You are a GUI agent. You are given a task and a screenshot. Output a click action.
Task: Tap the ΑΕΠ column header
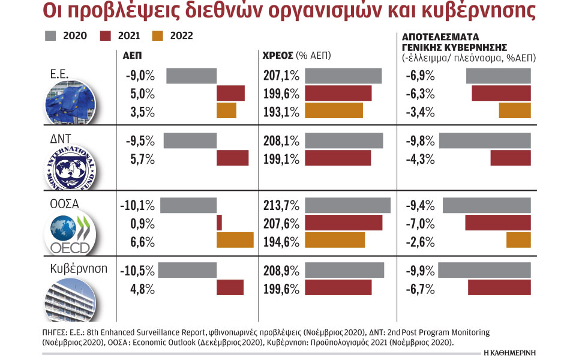134,55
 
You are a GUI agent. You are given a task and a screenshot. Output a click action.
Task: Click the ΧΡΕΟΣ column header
278,55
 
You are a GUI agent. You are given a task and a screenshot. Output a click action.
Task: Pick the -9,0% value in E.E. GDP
140,76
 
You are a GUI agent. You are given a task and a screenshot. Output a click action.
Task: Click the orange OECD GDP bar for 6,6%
235,241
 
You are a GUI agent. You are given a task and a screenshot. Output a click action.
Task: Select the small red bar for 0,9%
219,223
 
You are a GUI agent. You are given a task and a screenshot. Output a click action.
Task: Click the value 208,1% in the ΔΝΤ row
281,141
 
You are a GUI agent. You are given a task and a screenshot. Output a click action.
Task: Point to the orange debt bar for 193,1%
334,111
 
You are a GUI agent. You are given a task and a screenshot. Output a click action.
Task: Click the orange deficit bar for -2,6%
518,241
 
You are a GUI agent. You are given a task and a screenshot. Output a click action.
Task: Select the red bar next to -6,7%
499,287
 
